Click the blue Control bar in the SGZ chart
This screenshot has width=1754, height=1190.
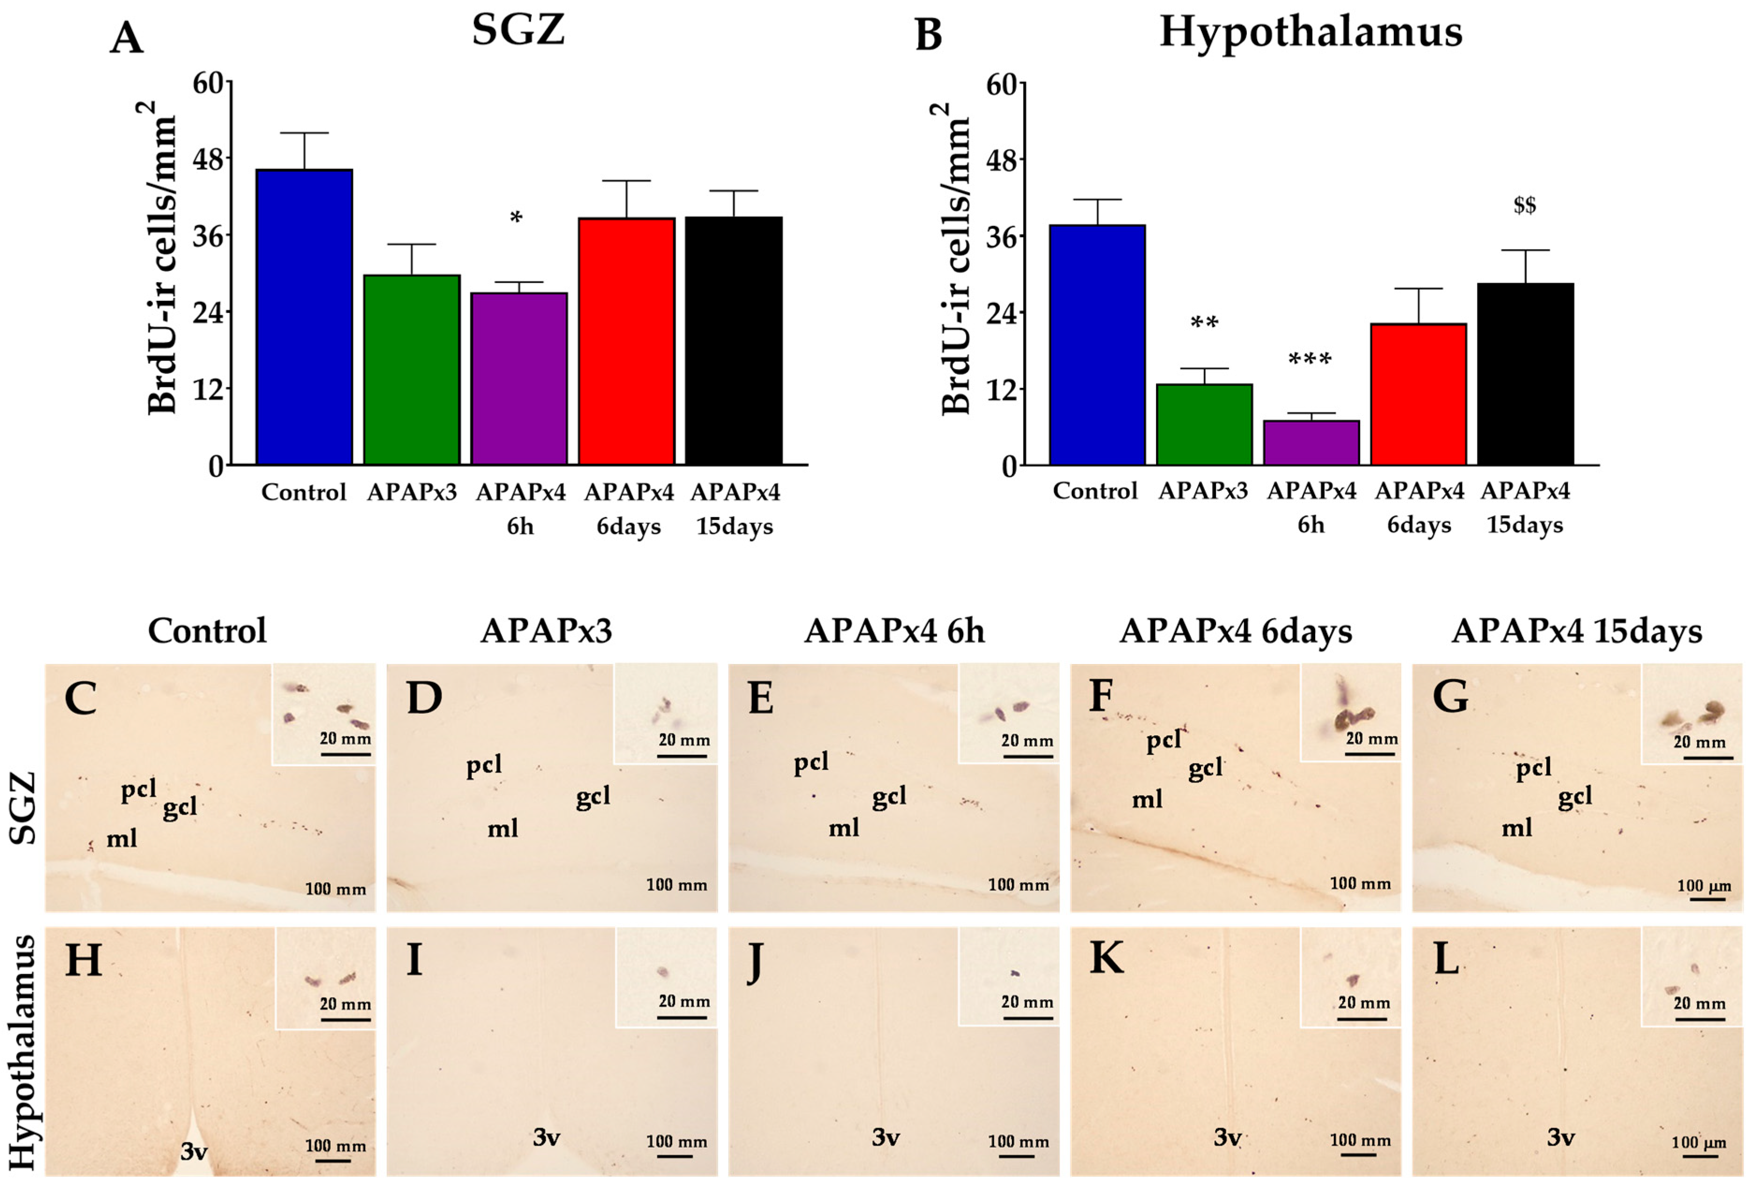tap(304, 317)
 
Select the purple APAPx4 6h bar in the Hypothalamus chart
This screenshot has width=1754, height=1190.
tap(1311, 443)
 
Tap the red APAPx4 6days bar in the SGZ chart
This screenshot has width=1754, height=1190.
tap(627, 341)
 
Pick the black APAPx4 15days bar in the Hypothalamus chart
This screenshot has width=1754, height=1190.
tap(1525, 374)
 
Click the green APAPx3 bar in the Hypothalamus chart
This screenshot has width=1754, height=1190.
tap(1204, 424)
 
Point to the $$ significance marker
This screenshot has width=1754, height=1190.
tap(1525, 205)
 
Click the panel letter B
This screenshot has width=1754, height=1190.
tap(928, 36)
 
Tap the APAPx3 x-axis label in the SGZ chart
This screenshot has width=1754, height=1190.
tap(412, 492)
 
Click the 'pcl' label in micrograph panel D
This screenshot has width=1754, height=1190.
tap(484, 766)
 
